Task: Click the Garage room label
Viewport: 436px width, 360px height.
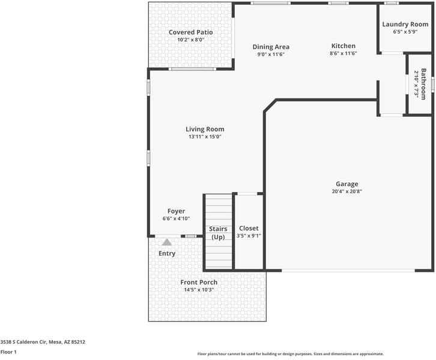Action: (347, 184)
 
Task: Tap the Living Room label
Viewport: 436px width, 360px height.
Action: (205, 129)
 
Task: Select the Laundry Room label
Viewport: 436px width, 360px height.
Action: (405, 24)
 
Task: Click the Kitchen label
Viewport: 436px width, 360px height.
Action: (344, 46)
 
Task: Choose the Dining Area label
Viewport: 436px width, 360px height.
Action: (271, 47)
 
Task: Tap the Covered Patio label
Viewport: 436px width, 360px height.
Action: (190, 32)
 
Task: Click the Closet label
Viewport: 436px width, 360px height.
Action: (249, 228)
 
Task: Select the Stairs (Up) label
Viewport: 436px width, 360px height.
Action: (218, 233)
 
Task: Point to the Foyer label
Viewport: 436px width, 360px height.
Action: (176, 211)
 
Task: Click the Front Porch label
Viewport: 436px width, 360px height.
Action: (199, 282)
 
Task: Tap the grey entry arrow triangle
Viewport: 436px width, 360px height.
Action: (167, 242)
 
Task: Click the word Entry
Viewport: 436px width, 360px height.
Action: (167, 253)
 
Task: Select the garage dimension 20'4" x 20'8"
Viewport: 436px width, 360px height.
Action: (347, 191)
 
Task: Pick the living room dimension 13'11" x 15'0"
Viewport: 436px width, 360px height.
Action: (205, 137)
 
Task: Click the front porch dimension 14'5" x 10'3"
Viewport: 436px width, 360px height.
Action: (199, 290)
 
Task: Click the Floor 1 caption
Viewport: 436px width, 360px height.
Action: (8, 352)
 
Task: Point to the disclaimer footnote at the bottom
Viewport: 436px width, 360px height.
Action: (290, 354)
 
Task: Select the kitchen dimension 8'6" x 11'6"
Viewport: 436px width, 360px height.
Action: (344, 54)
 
